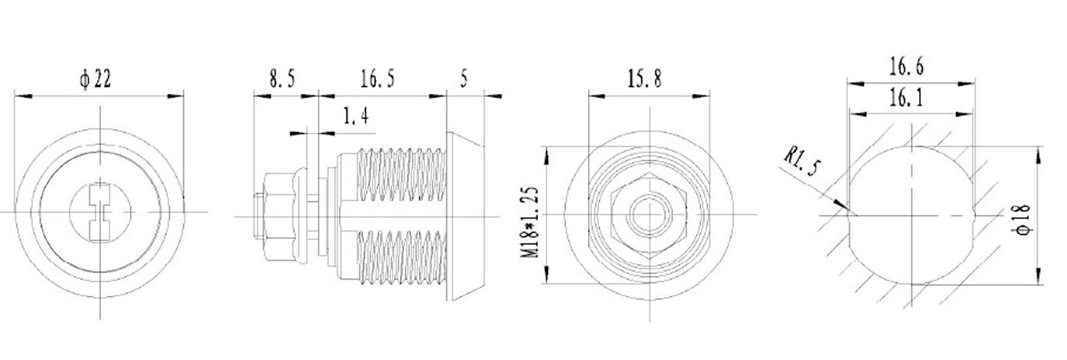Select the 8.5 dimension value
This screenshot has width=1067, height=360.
coord(283,79)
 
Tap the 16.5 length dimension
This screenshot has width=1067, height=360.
coord(377,79)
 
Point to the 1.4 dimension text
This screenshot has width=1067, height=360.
coord(355,117)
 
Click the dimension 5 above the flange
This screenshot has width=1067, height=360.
coord(465,79)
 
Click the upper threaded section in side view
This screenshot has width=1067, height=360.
coord(399,176)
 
